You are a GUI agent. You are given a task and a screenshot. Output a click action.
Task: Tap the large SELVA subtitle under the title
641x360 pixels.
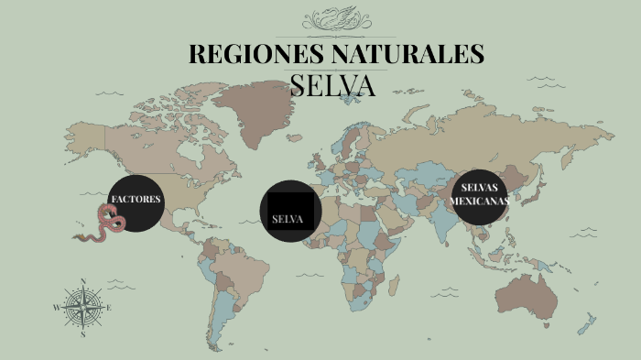click(332, 85)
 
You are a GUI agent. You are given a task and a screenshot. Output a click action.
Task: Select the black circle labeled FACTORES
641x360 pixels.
click(137, 203)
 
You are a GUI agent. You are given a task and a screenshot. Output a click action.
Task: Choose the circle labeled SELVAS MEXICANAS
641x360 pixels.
click(479, 196)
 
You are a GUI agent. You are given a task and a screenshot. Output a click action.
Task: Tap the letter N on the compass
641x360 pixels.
click(83, 281)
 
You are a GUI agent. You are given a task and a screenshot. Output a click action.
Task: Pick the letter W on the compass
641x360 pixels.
click(56, 309)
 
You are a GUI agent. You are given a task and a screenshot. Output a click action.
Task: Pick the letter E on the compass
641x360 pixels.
click(110, 308)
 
